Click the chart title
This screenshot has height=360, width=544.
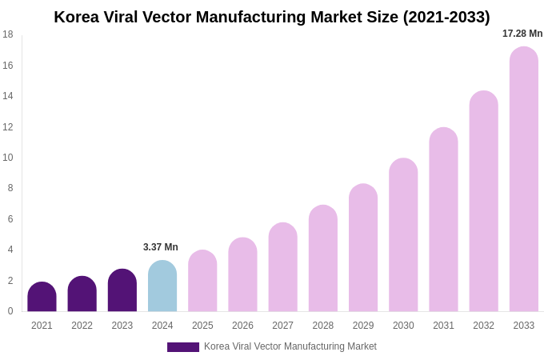[272, 17]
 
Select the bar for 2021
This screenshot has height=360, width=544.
[42, 297]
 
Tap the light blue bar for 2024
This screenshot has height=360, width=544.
[162, 286]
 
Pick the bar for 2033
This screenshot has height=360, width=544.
[524, 179]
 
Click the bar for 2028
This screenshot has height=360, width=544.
[323, 258]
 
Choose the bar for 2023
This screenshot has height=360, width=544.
[122, 290]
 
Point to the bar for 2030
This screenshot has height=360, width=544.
[403, 235]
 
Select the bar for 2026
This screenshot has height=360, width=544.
[242, 274]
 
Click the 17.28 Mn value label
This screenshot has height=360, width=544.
[522, 34]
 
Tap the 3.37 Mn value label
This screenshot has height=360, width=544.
[161, 247]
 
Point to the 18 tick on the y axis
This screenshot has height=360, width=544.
[8, 34]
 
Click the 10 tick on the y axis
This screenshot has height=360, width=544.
[8, 158]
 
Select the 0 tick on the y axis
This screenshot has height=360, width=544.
[10, 311]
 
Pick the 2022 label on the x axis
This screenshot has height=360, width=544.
[82, 326]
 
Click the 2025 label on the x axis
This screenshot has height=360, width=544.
[202, 326]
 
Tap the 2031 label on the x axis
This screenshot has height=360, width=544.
[443, 326]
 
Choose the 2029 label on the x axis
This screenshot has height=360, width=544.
[363, 326]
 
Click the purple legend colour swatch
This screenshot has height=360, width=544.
[183, 347]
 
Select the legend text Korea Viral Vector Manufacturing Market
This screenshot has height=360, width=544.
[290, 346]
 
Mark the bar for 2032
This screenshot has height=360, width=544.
[483, 202]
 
